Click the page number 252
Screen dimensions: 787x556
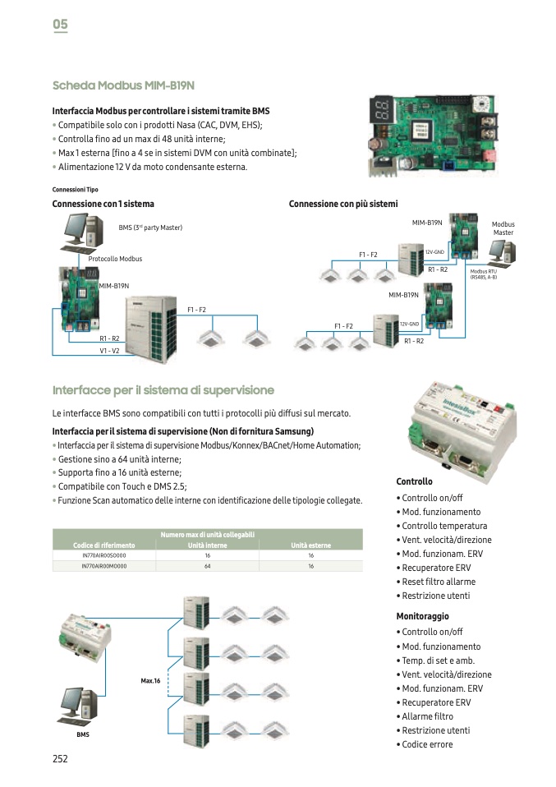click(60, 759)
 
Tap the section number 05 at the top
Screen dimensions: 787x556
click(60, 25)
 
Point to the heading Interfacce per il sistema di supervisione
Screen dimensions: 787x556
click(163, 389)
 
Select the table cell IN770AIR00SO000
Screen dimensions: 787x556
click(104, 556)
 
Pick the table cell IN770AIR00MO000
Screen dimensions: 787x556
click(104, 566)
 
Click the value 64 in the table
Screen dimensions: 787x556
click(207, 566)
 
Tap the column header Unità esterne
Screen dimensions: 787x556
click(310, 545)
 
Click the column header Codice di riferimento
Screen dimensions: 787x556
click(103, 545)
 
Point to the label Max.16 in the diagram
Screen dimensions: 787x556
click(149, 680)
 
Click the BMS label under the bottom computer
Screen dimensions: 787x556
click(83, 734)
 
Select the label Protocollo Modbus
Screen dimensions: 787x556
click(115, 259)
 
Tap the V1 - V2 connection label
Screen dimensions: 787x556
click(109, 351)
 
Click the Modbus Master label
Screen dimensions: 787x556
click(503, 228)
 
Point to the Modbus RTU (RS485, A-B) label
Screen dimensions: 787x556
click(483, 274)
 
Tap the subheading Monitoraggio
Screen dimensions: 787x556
click(422, 616)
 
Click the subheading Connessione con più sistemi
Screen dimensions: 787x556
click(342, 204)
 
